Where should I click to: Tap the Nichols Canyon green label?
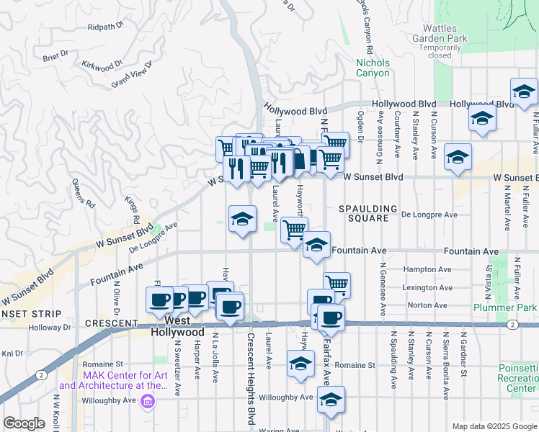tap(373, 68)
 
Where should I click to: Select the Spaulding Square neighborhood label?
tap(369, 213)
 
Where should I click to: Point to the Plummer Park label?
tap(495, 307)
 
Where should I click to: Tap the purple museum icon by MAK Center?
tap(148, 400)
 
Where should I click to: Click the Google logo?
tap(24, 424)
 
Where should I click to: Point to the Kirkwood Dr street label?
tap(98, 67)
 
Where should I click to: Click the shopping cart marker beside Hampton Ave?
tap(337, 284)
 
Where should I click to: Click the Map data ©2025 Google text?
tap(494, 426)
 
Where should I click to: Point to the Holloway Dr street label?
tap(50, 327)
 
